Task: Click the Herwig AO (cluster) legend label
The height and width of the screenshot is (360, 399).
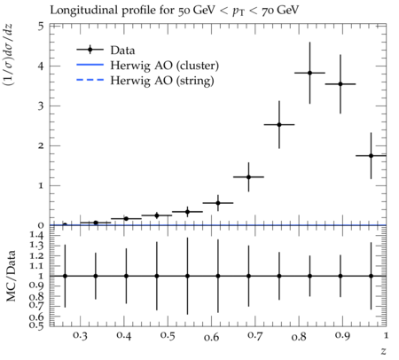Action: click(165, 66)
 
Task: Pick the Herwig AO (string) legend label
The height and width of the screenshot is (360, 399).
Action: click(162, 81)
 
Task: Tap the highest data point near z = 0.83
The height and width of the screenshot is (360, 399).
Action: click(309, 73)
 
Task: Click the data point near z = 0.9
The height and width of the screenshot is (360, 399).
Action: click(340, 84)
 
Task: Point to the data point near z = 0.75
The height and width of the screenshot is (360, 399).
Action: click(279, 125)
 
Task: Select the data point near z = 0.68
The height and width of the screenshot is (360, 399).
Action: click(248, 177)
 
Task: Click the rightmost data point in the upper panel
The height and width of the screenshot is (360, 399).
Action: click(371, 156)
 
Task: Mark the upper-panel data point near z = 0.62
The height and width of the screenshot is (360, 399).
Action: click(218, 203)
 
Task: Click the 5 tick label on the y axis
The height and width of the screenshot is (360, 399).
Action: click(41, 27)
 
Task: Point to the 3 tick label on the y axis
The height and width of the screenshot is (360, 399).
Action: click(41, 106)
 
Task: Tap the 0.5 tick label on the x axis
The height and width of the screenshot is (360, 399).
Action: click(168, 335)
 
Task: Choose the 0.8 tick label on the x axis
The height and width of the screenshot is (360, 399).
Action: click(299, 336)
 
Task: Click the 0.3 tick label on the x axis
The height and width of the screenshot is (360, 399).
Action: click(81, 335)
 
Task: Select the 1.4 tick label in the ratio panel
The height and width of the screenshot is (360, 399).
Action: click(36, 235)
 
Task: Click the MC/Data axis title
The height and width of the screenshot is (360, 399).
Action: click(12, 276)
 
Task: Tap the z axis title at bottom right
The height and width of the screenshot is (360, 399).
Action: click(383, 351)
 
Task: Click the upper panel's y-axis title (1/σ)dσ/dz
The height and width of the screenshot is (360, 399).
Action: click(8, 55)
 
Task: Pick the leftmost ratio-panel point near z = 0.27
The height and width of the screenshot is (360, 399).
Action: click(65, 276)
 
